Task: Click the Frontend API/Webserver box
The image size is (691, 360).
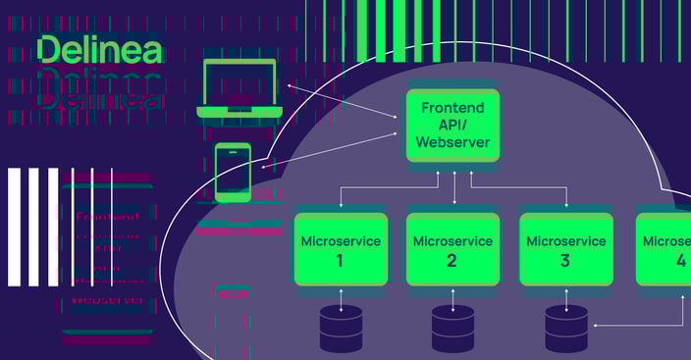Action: (453, 125)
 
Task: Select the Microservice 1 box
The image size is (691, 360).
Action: (340, 249)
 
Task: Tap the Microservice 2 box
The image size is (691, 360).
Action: (452, 249)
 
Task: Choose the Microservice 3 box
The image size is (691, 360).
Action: (564, 249)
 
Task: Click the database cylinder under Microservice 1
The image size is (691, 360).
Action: (341, 330)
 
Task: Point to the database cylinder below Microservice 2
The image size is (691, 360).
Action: (452, 330)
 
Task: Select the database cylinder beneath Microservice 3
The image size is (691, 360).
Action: (566, 330)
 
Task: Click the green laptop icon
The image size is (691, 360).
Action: (240, 88)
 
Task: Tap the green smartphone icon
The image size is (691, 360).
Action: (233, 173)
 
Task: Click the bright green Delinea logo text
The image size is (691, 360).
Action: (99, 50)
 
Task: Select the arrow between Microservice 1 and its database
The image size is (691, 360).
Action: (341, 296)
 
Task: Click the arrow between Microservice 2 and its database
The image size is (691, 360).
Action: (452, 296)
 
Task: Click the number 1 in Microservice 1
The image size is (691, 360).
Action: (340, 261)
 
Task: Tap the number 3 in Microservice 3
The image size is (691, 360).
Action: (564, 261)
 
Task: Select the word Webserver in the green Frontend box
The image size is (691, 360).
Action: (453, 143)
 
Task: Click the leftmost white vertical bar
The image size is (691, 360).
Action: (14, 227)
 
